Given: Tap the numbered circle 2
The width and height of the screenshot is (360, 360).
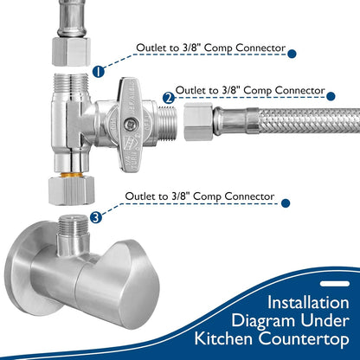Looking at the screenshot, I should coord(169,100).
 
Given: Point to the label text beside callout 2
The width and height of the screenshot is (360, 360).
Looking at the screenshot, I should coord(250,89).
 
